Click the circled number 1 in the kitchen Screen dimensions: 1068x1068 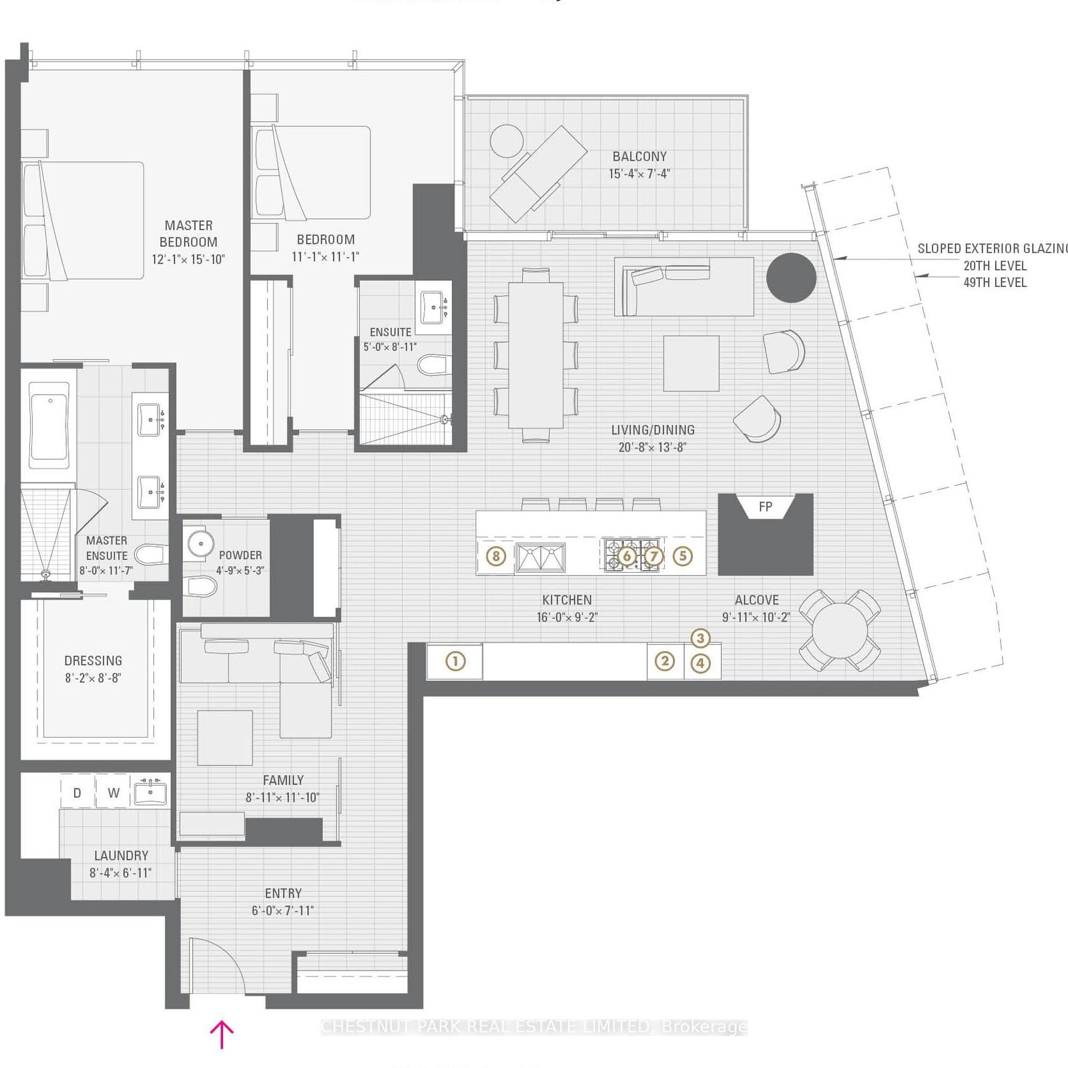(455, 661)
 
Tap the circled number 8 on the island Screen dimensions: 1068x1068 (495, 556)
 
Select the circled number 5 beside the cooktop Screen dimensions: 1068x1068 (682, 556)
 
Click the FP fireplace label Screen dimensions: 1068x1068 (766, 507)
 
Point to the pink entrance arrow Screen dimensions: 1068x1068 (222, 1034)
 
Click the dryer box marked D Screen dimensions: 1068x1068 (77, 793)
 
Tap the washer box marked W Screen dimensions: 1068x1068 (113, 793)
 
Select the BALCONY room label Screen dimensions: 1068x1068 (639, 156)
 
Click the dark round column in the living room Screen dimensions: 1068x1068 (791, 278)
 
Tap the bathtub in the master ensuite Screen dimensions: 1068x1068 (49, 425)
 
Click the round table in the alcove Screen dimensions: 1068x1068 (839, 630)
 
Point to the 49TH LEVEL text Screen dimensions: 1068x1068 (995, 282)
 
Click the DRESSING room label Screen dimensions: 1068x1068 (93, 661)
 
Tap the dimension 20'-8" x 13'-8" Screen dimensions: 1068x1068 (652, 447)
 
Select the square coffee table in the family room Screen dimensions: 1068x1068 (225, 737)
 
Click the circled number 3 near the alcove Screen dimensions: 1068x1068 (700, 638)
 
